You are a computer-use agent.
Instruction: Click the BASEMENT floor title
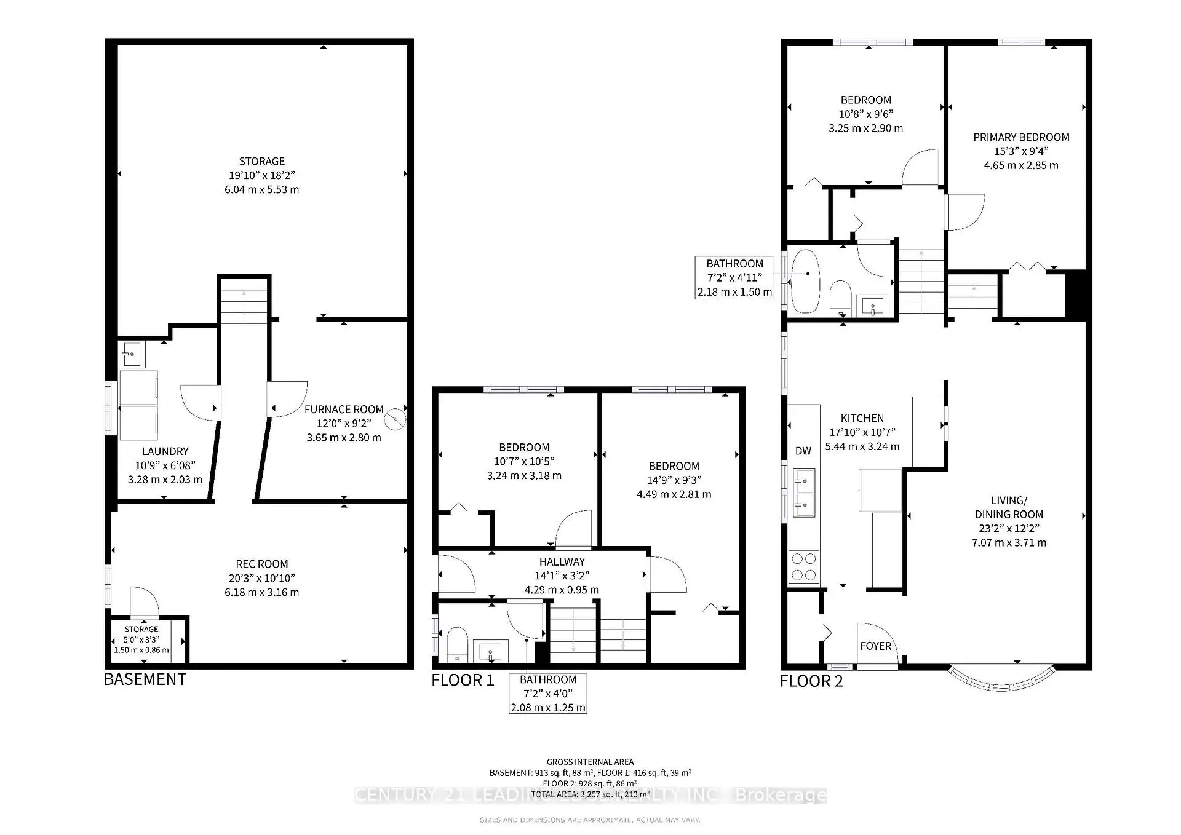[145, 679]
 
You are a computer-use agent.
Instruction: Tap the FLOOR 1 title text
[463, 681]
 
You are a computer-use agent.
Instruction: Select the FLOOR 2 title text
[811, 681]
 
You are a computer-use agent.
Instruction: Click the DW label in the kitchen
[803, 451]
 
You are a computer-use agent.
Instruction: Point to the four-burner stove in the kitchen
[804, 566]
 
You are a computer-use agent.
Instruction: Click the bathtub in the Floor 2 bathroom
[806, 281]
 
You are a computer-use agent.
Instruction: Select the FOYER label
[875, 646]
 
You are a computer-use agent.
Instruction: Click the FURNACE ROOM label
[344, 410]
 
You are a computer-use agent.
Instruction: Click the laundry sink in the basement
[132, 354]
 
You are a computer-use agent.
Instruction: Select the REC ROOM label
[262, 564]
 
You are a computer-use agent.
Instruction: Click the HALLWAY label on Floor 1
[562, 561]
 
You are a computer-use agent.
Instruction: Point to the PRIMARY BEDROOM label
[1021, 137]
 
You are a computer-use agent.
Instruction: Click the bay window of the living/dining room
[1002, 683]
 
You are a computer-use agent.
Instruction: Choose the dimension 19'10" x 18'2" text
[262, 175]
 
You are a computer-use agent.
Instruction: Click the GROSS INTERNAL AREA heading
[590, 762]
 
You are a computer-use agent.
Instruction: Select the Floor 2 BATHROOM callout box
[734, 278]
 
